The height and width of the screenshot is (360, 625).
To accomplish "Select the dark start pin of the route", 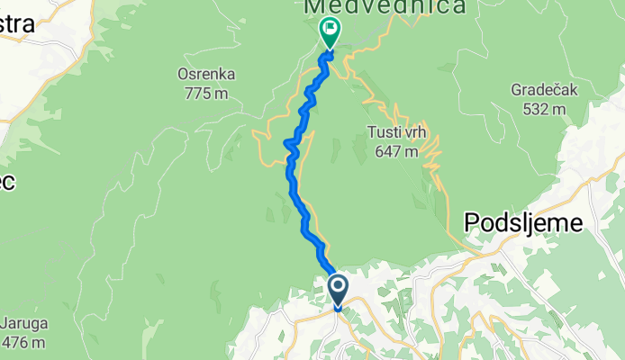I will pyautogui.click(x=339, y=289).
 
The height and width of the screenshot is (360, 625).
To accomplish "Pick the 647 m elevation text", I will pyautogui.click(x=396, y=151).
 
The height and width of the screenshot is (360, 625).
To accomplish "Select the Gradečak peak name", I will pyautogui.click(x=539, y=91).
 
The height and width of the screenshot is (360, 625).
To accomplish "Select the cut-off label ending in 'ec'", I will pyautogui.click(x=7, y=181).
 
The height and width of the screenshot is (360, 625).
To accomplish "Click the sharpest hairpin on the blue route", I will pyautogui.click(x=287, y=142).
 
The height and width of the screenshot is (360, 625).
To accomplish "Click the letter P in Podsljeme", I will pyautogui.click(x=472, y=223).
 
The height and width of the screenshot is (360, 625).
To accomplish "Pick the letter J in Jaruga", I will pyautogui.click(x=5, y=325).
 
